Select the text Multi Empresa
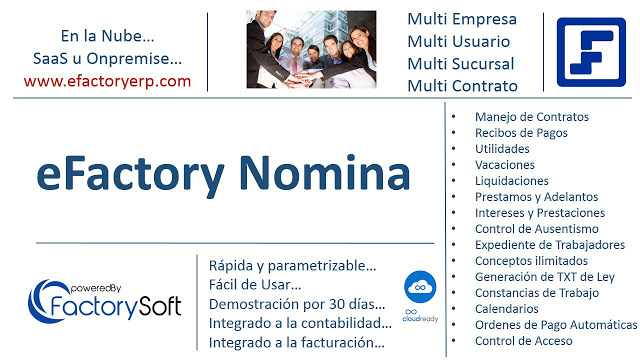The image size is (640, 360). (x=462, y=19)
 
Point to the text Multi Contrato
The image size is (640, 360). (x=463, y=86)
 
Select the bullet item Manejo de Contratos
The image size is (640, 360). (x=532, y=117)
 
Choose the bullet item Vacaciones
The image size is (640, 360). (x=505, y=165)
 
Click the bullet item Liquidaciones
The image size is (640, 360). (x=512, y=181)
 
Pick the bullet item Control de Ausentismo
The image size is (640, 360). (x=538, y=229)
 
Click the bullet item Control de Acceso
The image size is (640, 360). (x=524, y=341)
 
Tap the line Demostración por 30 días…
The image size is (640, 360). (x=296, y=304)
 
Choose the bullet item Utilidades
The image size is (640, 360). (x=503, y=149)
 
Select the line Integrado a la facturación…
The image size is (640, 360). (x=297, y=342)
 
